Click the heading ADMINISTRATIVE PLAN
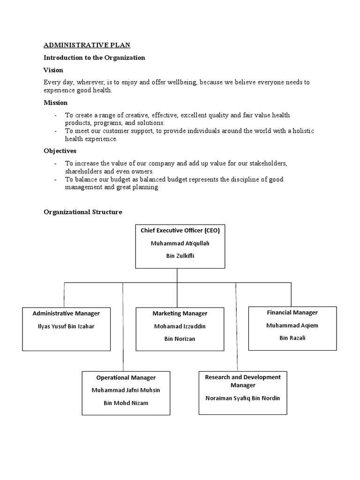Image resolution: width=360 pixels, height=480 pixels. (87, 45)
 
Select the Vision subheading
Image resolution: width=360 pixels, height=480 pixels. (53, 70)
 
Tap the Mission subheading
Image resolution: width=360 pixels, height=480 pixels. (55, 102)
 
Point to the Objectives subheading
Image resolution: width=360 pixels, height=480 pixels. (60, 151)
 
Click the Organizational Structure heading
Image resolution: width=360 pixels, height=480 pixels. (82, 212)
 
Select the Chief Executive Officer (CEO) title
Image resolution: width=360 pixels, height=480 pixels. (180, 230)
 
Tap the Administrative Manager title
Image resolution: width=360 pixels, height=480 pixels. (66, 313)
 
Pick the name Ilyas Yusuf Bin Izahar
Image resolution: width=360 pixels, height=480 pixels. (66, 326)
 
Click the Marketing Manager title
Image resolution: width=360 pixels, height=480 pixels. (180, 313)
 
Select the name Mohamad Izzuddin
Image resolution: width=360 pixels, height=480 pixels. (180, 326)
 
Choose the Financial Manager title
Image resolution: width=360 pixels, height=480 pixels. (292, 312)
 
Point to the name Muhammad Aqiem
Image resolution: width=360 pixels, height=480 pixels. (292, 325)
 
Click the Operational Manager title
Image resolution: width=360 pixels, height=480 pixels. (126, 377)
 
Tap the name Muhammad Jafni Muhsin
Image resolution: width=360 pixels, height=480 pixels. (126, 390)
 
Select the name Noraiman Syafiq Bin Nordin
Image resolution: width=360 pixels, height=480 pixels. (242, 398)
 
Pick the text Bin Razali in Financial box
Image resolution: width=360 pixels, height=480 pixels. (292, 337)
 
